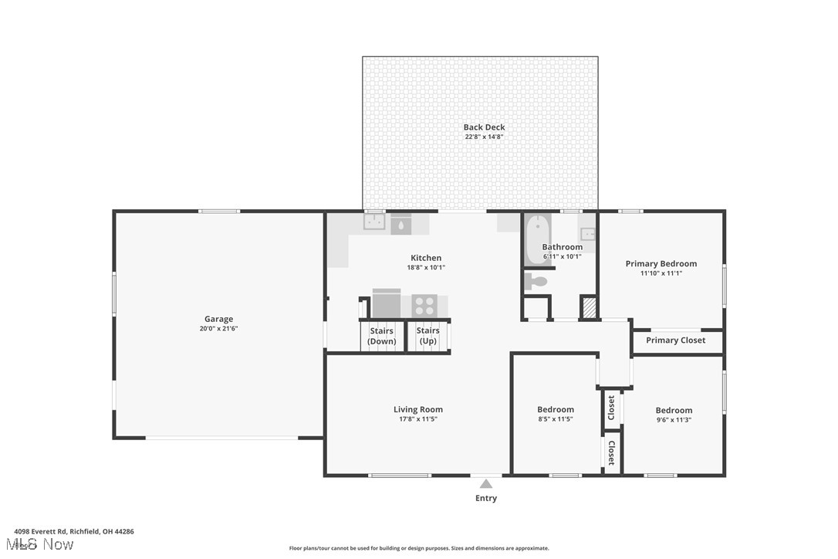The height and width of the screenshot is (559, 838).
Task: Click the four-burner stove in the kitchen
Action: pos(424,305)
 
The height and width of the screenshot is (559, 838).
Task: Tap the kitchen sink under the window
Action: pos(375,223)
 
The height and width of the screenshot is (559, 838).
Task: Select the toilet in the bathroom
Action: pos(536,282)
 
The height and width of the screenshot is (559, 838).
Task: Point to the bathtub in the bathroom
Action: pos(536,239)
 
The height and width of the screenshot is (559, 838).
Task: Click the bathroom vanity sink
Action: pos(587,233)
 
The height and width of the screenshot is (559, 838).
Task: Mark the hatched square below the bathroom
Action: pos(589,307)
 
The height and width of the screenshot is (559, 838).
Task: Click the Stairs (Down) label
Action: pos(381,336)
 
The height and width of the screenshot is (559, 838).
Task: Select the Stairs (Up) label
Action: pos(427,336)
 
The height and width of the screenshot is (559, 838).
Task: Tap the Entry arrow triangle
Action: pos(486,484)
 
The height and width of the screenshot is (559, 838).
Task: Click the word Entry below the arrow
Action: pos(486,498)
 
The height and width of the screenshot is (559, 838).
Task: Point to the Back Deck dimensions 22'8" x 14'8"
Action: pos(485,137)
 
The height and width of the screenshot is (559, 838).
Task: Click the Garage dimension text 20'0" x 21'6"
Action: pos(218,328)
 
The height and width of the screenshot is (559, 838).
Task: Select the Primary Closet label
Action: pos(675,340)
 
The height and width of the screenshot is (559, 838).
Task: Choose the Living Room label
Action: pos(417,409)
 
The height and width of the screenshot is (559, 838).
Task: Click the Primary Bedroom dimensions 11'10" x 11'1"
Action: pos(661,273)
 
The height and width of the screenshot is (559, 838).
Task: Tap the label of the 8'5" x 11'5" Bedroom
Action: pos(556,409)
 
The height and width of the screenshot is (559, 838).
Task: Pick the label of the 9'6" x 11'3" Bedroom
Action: pos(674,410)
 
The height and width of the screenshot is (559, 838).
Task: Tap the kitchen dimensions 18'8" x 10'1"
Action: pos(426,267)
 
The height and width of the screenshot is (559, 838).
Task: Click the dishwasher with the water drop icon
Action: pos(400,225)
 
